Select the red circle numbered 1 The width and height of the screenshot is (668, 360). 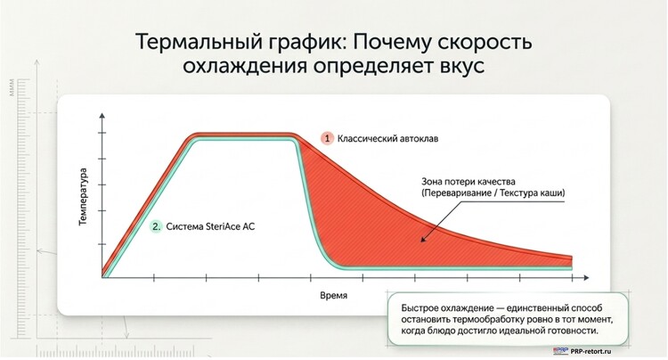pos(327,138)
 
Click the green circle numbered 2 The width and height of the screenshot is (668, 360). pos(157,226)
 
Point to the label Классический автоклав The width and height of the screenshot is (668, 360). pos(387,139)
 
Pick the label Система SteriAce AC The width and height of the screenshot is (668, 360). pos(210,226)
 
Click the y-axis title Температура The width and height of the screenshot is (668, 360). pos(83,196)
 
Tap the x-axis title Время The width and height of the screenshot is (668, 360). pos(334,295)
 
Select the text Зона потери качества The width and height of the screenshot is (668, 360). pos(468,182)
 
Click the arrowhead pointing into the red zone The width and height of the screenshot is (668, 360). pos(423,239)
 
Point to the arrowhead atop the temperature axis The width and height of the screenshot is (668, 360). pos(102,116)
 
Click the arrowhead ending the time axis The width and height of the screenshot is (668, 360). pos(586,278)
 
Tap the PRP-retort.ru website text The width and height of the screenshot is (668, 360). pos(591,351)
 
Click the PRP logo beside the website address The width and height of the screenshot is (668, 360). pos(560,351)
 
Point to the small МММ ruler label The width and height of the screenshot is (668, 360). pos(11,87)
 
